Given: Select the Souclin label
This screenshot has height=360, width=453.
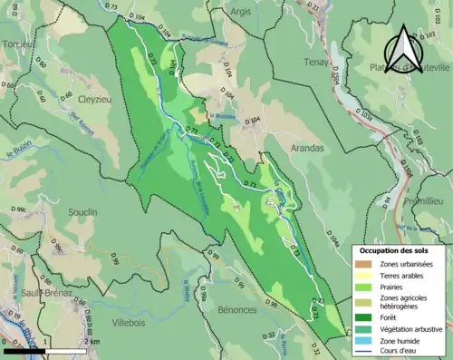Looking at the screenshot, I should pos(81,212).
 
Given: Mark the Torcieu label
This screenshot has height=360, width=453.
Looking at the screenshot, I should pos(17,43).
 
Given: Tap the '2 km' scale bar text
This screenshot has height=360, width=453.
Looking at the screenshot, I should pos(92,340).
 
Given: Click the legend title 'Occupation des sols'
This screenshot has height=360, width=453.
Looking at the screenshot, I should pos(400,249).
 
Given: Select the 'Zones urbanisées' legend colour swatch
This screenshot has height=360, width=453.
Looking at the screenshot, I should pos(366,263).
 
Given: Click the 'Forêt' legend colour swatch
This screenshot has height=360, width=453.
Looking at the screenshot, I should pos(366,317).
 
